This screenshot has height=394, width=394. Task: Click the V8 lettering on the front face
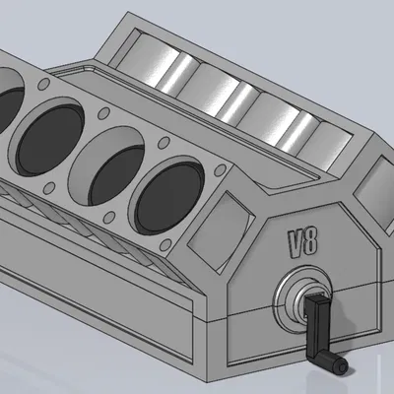(x=302, y=241)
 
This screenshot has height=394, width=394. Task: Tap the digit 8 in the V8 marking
(x=310, y=242)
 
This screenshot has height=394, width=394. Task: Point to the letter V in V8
(x=295, y=240)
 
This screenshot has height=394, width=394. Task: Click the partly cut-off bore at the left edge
(x=8, y=102)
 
